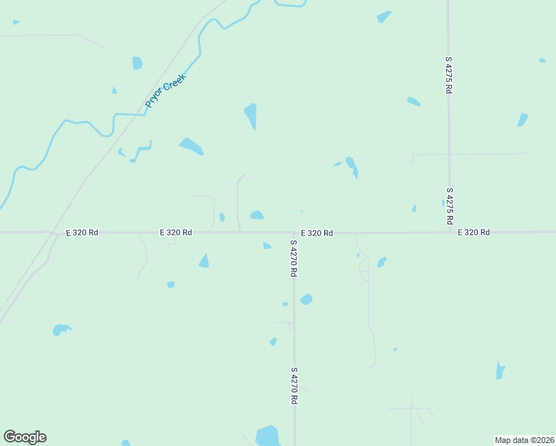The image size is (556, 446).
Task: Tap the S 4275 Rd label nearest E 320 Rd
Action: pos(449,205)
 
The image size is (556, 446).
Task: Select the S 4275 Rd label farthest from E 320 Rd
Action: pos(449,74)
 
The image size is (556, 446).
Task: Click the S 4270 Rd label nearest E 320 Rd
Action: pos(294,259)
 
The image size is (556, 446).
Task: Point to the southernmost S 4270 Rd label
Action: pos(294,385)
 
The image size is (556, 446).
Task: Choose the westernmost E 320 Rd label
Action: pos(82,233)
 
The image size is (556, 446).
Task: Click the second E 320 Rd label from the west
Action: pos(176,233)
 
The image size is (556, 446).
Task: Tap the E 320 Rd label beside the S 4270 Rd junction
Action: pos(317,233)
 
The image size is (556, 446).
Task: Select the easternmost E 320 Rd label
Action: pos(473,233)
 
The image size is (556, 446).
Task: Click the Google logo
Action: pos(25,437)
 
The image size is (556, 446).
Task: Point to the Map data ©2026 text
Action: pos(525,440)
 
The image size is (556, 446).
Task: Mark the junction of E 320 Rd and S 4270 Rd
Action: pos(294,233)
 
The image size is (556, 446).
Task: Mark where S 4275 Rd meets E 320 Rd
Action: pos(449,233)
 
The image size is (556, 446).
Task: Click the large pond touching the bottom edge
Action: pos(267,436)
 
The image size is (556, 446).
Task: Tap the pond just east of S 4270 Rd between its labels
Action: pos(306,299)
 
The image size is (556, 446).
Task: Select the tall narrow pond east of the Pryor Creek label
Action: pos(251,116)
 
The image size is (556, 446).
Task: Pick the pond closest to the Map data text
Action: pos(500,370)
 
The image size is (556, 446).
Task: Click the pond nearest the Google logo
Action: pos(61,329)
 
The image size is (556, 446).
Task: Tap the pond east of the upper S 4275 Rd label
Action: pos(523,120)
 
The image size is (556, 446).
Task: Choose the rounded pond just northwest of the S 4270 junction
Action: pos(256,216)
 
